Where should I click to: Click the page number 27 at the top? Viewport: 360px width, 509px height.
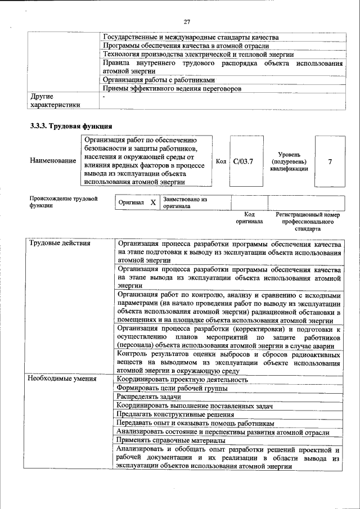coord(187,22)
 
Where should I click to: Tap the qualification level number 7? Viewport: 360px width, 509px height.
coord(330,161)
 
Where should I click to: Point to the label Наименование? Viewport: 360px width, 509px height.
coord(53,161)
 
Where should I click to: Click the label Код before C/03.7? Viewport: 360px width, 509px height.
coord(221,161)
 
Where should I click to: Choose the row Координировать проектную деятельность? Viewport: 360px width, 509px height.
coord(182,379)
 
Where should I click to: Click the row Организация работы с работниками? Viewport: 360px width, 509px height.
coord(159,80)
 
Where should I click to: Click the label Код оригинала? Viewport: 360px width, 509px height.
coord(249,218)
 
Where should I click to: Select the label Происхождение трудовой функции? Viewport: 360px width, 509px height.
coord(63,202)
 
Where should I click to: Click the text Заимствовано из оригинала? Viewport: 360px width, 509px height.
coord(185,202)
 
